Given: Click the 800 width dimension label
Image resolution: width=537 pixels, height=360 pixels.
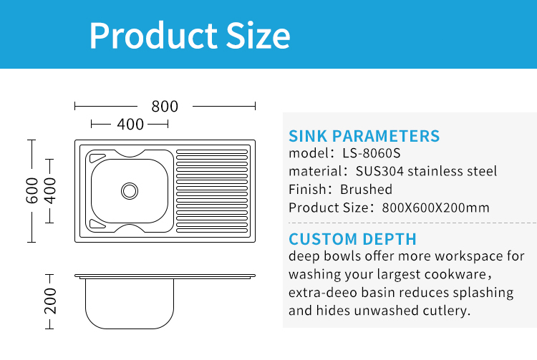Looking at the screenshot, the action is coord(165,107).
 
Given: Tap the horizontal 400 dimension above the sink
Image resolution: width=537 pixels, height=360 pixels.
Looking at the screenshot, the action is coord(130,125).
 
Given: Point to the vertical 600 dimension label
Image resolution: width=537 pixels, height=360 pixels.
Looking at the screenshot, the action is coord(32,190).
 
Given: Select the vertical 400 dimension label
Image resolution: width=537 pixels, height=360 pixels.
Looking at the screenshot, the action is coord(50,190).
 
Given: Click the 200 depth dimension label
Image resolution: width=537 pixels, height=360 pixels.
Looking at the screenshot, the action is coord(50,301).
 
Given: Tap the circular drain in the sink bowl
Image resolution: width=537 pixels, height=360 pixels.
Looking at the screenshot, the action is coord(130,191).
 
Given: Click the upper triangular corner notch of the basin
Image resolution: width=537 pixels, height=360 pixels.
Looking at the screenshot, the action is coord(97,157).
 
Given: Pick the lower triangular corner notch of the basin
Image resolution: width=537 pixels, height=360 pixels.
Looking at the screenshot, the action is coord(97,224).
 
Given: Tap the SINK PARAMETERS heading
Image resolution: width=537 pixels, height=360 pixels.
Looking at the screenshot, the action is coord(364,136).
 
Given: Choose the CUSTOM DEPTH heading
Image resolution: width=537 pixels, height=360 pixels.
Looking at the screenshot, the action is coord(352,239).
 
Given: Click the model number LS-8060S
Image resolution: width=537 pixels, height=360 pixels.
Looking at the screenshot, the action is coord(371,153).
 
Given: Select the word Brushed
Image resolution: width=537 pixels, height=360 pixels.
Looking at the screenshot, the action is coord(366,189).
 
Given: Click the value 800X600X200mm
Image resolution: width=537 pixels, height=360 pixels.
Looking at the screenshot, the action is coord(435,208).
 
